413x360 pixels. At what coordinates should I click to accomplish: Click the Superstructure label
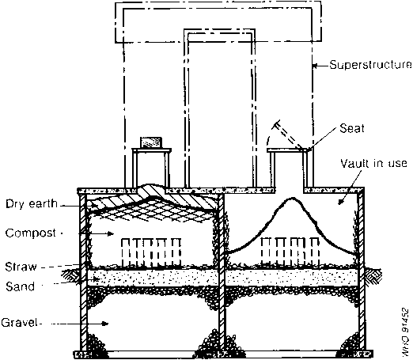coord(370,65)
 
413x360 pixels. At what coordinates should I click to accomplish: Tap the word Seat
coord(352,128)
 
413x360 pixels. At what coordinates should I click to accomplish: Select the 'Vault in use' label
coord(373,164)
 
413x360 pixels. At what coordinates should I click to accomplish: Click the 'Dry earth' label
coord(32,204)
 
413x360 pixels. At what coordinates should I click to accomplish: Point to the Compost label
coord(31,233)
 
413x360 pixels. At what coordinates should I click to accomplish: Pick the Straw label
coord(21,267)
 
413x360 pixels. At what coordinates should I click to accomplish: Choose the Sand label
coord(21,286)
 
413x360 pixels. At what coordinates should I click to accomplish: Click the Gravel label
coord(19,322)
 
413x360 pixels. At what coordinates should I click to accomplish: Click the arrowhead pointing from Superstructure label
coord(315,66)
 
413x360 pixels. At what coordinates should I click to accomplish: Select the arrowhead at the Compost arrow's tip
coord(110,233)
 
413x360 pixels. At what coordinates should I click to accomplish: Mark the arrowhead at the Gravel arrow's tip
coord(105,324)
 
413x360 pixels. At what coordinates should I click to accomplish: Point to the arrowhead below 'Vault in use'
coord(341,202)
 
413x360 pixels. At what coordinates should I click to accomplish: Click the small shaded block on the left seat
coord(150,142)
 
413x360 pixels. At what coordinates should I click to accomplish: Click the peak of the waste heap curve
coord(292,198)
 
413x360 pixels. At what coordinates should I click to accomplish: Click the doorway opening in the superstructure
coord(220,111)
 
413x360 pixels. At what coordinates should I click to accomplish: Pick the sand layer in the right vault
coord(291,278)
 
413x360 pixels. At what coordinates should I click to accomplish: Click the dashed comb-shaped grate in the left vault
coord(151,252)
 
